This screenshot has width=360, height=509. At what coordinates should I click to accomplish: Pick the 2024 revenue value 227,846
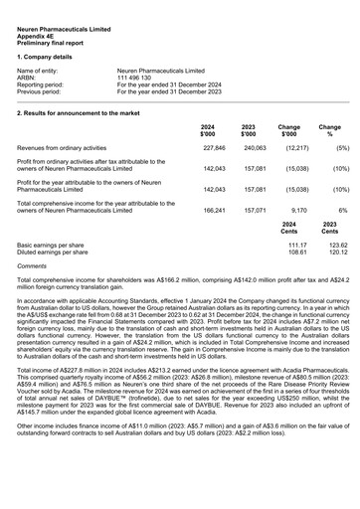pos(214,147)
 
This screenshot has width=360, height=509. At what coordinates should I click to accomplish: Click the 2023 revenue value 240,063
pos(255,147)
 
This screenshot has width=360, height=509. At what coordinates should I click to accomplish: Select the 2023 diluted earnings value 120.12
pos(339,253)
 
